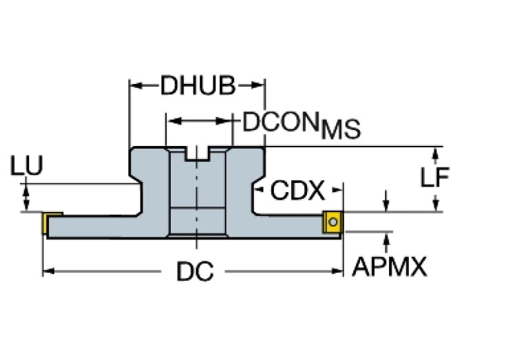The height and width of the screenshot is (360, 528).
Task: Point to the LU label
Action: coord(27,166)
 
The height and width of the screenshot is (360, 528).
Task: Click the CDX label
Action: coord(297,190)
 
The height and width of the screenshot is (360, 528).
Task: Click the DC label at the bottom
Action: coord(195,272)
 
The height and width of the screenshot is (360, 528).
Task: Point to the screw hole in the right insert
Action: coord(333,222)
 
